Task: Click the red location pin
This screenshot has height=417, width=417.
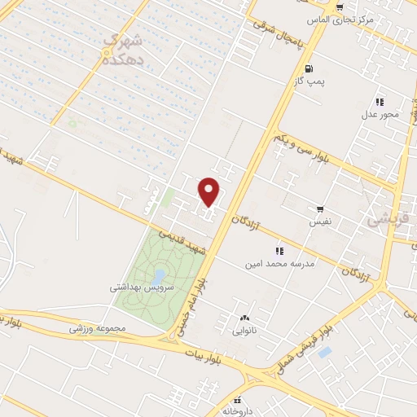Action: click(x=210, y=191)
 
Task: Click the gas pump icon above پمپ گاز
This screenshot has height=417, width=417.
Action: click(x=309, y=68)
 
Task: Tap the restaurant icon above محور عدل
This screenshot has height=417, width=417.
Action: click(x=380, y=102)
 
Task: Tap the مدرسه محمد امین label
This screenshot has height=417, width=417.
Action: click(x=279, y=265)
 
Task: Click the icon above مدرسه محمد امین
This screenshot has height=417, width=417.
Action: click(x=279, y=251)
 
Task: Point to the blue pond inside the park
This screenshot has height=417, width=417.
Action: click(x=160, y=274)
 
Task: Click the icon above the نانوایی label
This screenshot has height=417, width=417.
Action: click(x=244, y=318)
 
